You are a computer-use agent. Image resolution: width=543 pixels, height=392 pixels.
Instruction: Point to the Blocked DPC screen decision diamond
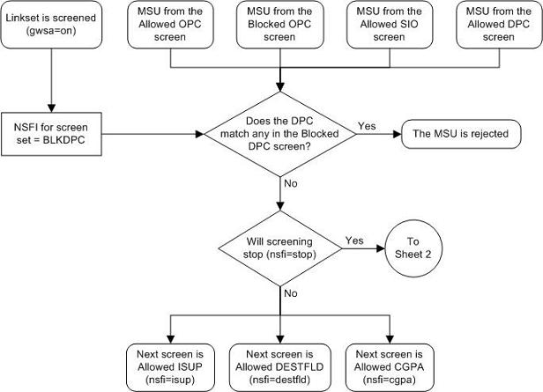(x=281, y=135)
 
